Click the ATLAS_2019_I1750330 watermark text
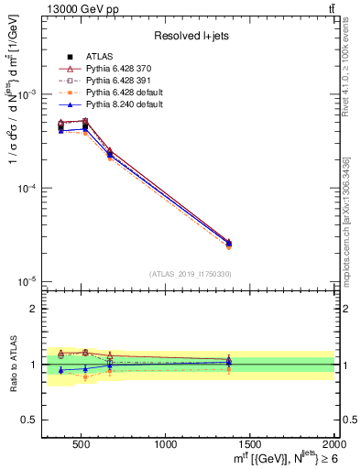coord(190,274)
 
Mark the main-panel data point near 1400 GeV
coord(228,243)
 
